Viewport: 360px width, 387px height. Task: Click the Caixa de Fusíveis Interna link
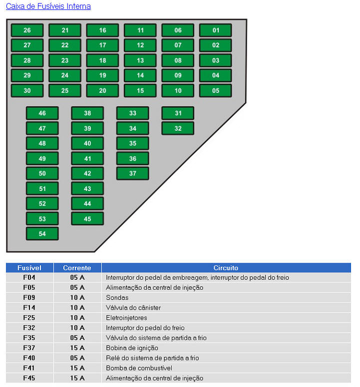click(48, 6)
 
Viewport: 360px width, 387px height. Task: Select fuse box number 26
click(27, 30)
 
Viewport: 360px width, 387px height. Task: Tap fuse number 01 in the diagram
click(216, 30)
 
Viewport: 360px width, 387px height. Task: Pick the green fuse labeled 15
click(140, 91)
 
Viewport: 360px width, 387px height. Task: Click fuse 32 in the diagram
click(178, 128)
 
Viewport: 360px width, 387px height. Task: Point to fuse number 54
click(42, 234)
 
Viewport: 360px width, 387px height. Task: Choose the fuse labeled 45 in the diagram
click(87, 218)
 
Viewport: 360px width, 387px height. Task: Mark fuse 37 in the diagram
click(133, 173)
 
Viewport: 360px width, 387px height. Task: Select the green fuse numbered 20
click(102, 91)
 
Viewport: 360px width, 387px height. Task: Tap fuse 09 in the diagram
click(178, 75)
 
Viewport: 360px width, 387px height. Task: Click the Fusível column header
click(29, 268)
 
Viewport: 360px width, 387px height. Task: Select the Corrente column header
click(77, 268)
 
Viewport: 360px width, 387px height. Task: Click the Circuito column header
click(226, 268)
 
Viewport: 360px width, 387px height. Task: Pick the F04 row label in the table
click(29, 277)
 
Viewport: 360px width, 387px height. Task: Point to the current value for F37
click(77, 348)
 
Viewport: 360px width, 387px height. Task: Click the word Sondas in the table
click(117, 297)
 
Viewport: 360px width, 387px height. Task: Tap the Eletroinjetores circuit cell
click(126, 318)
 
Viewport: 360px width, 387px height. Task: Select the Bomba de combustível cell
click(139, 368)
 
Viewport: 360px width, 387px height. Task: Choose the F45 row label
click(29, 378)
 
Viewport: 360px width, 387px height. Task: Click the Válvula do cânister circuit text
click(133, 308)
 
